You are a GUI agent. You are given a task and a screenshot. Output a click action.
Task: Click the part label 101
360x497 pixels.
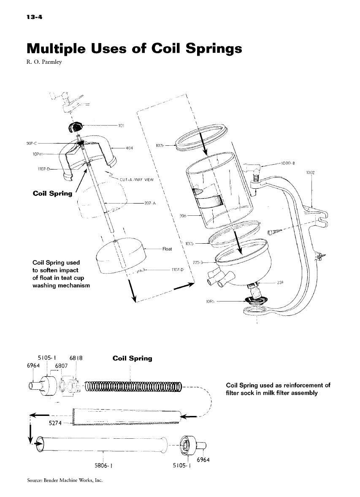[122, 125]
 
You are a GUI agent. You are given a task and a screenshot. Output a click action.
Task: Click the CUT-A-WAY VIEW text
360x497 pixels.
[135, 179]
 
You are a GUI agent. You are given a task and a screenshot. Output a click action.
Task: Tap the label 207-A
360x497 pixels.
[150, 203]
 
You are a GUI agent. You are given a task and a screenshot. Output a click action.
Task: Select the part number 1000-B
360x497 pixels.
[287, 162]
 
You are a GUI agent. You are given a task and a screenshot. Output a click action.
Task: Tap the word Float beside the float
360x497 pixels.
[167, 249]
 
